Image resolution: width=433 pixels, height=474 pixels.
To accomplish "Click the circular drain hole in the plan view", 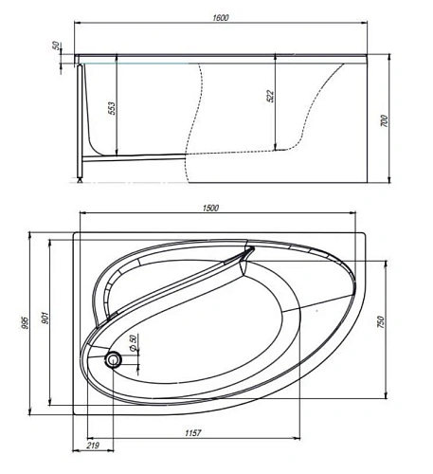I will point(116,359).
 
